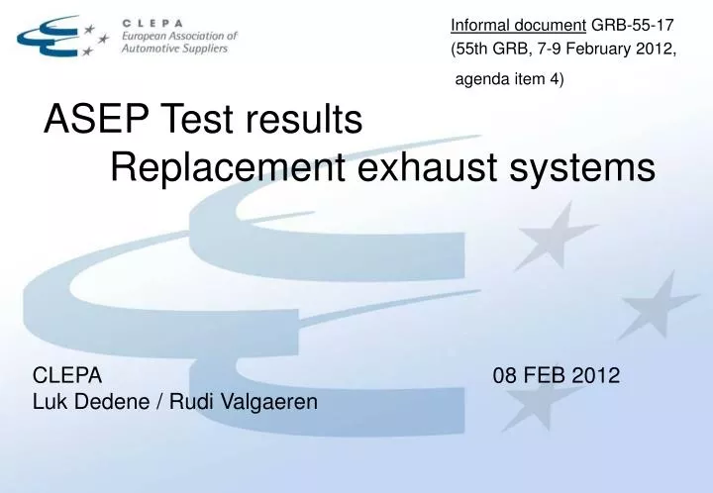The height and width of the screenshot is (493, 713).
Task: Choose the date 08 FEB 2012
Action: point(556,375)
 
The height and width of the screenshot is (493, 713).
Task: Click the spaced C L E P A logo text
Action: point(154,21)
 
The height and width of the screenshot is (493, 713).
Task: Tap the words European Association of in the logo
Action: point(179,36)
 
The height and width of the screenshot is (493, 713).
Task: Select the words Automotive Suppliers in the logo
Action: point(173,49)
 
